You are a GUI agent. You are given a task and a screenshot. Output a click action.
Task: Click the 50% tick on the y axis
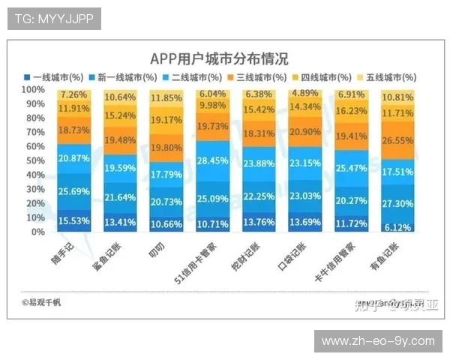[x=35, y=160]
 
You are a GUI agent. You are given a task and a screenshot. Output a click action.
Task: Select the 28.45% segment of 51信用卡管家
[x=213, y=160]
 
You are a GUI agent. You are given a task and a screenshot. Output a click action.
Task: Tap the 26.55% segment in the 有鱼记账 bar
[x=397, y=140]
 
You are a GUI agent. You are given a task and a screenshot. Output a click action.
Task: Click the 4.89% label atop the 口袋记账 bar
[x=305, y=93]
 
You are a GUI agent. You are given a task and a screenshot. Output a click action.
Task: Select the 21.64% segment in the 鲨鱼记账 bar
[x=120, y=197]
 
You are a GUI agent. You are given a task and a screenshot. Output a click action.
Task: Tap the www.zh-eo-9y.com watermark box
[x=377, y=341]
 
